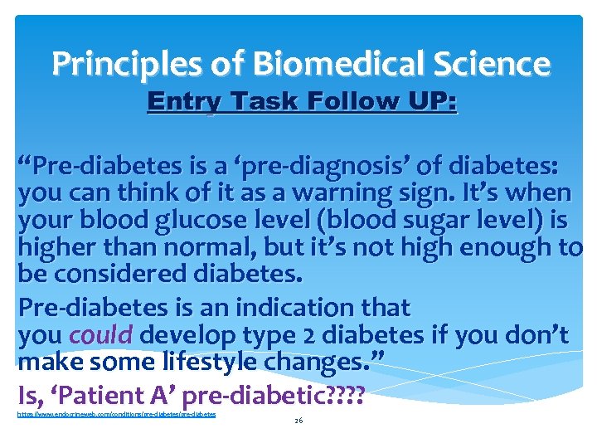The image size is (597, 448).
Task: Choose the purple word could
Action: pyautogui.click(x=100, y=334)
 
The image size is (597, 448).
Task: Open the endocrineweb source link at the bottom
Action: pyautogui.click(x=116, y=413)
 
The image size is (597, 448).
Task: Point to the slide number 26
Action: pyautogui.click(x=298, y=421)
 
